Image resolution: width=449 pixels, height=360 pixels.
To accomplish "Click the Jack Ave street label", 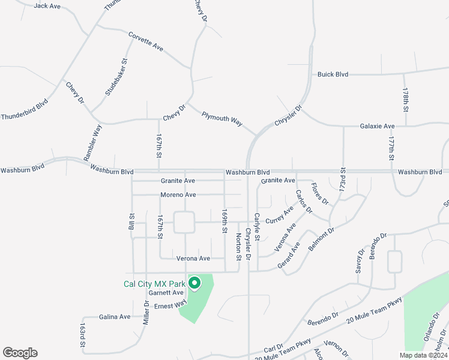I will [47, 6].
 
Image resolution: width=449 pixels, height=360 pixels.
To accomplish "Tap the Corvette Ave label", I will [146, 41].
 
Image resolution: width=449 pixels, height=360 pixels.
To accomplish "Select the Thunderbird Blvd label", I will [24, 110].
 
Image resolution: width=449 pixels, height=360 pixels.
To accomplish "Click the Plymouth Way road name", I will [221, 118].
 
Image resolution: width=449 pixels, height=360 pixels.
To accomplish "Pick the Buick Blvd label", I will [333, 74].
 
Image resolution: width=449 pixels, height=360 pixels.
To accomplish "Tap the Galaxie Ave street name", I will [377, 127].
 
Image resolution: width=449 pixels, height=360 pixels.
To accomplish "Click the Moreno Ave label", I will [178, 195].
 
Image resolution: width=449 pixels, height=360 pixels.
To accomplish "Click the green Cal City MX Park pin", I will [194, 283].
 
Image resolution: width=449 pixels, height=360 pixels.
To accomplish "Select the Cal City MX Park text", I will [154, 284].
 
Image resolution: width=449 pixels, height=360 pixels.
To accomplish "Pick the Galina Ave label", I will [115, 317].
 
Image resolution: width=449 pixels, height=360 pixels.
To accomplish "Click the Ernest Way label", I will [171, 306].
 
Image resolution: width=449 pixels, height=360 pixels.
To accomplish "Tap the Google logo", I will [20, 353].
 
